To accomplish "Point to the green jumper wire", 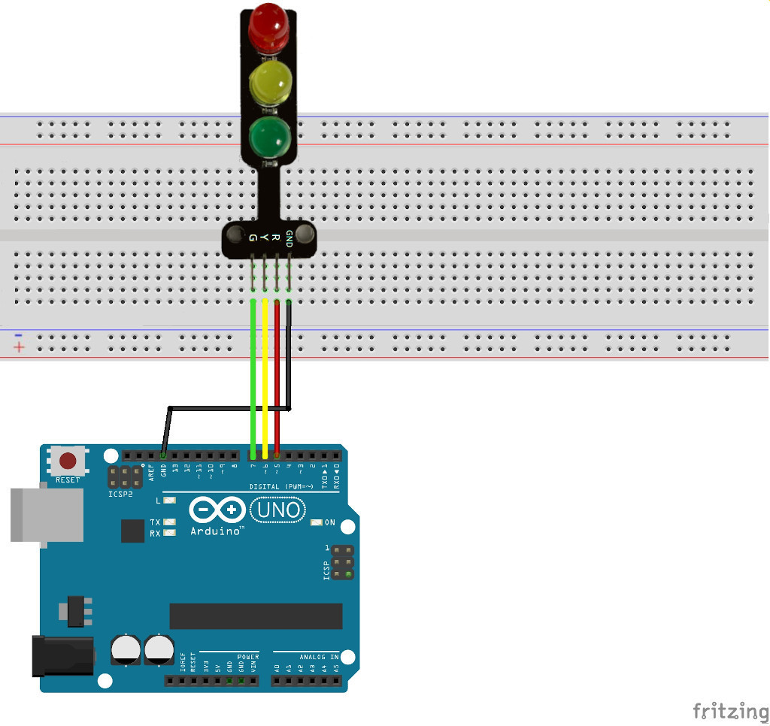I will point(253,376).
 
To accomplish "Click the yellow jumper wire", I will point(265,376).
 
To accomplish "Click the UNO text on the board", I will point(277,511).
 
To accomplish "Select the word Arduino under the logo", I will point(217,531).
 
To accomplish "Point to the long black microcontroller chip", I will point(256,616).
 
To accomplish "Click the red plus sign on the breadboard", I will point(19,347).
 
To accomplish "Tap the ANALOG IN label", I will point(319,657).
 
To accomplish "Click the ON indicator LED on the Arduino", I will point(317,522).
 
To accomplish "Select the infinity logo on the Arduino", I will point(217,511).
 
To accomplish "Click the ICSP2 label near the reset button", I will point(120,495).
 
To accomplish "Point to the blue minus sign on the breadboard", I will point(19,334).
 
